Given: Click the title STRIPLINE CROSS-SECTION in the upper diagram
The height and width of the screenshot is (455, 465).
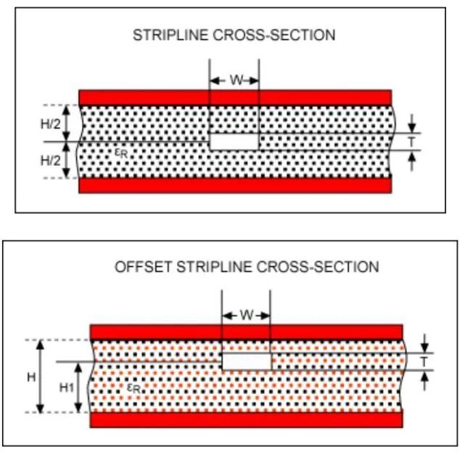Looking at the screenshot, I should pos(234,35).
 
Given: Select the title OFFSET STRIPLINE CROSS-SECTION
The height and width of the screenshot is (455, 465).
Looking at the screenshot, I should pos(247,267).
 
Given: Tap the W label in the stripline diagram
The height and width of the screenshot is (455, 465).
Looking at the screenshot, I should pos(235,81).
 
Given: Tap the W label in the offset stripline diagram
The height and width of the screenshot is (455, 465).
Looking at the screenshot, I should pos(246,315).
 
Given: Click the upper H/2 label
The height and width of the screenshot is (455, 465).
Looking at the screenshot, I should pos(51,124).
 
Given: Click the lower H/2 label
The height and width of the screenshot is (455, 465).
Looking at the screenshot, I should pos(51,159).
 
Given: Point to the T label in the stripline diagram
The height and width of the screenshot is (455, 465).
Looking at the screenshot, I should pos(412,142).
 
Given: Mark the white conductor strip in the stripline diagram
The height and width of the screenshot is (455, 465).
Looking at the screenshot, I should pos(234,141).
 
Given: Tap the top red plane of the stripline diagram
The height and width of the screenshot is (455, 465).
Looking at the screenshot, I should pos(235,97).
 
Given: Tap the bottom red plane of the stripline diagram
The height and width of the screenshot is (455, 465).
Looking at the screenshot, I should pos(235,185).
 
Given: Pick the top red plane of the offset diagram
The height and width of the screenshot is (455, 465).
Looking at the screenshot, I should pos(246,332).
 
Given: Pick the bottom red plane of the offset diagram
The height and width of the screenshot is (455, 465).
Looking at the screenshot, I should pos(246,420).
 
